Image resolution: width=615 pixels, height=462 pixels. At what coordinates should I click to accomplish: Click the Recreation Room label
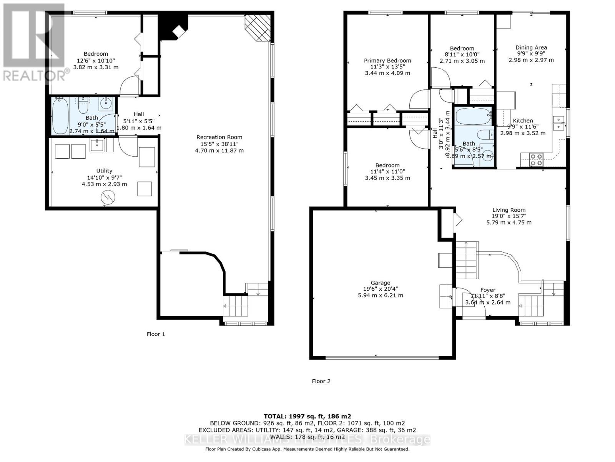tap(219, 137)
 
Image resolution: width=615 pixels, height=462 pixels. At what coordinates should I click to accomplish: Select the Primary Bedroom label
tap(387, 60)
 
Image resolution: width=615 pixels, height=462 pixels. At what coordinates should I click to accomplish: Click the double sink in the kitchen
tap(558, 122)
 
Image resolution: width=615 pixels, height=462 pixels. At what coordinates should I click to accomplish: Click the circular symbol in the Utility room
tap(108, 198)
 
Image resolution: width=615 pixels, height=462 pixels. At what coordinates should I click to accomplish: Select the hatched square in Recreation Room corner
tap(258, 28)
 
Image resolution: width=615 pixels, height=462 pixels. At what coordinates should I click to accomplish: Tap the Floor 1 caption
tap(156, 334)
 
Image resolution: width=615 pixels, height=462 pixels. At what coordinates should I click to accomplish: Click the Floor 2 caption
tap(321, 381)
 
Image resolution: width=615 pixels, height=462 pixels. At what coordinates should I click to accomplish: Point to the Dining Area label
tap(531, 48)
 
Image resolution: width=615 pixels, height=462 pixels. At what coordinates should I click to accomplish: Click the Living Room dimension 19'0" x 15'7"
tap(509, 216)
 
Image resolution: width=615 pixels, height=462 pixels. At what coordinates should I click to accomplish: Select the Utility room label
tap(104, 171)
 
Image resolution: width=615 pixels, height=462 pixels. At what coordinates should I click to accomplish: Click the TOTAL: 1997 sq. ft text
tap(307, 416)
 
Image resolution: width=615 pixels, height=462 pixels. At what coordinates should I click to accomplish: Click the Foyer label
tap(488, 290)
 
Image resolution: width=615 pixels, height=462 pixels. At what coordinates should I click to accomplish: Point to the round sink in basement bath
tap(105, 103)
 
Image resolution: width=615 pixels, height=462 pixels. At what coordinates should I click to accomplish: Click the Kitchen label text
tap(523, 121)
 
